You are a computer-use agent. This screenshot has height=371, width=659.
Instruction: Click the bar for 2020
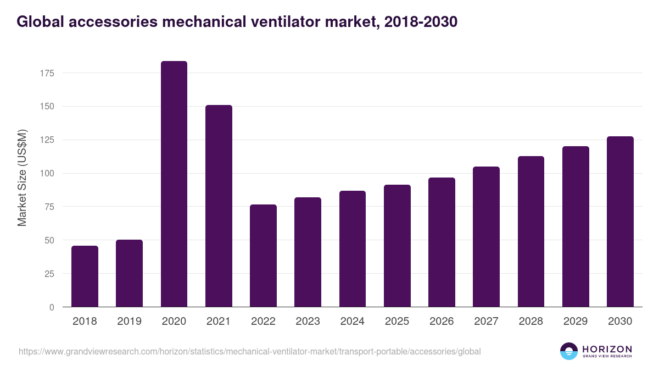[x=174, y=184]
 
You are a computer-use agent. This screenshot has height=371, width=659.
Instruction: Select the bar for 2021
[x=219, y=206]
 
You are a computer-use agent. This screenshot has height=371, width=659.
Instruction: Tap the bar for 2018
[x=85, y=276]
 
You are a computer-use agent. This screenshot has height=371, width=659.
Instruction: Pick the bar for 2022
[x=263, y=256]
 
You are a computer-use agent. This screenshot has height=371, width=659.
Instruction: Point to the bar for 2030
[x=620, y=222]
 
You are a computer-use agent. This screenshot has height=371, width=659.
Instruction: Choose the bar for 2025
[x=397, y=246]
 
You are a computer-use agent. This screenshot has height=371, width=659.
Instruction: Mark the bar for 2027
[x=486, y=237]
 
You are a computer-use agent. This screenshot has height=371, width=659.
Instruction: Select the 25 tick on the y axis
[x=49, y=274]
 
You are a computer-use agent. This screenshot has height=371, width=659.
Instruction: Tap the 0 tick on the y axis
[x=52, y=307]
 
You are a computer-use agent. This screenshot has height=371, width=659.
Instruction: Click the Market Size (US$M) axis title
[x=22, y=177]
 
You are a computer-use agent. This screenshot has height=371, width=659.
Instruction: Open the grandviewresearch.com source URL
[x=249, y=351]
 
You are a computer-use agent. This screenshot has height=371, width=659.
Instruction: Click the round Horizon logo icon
[x=568, y=351]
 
